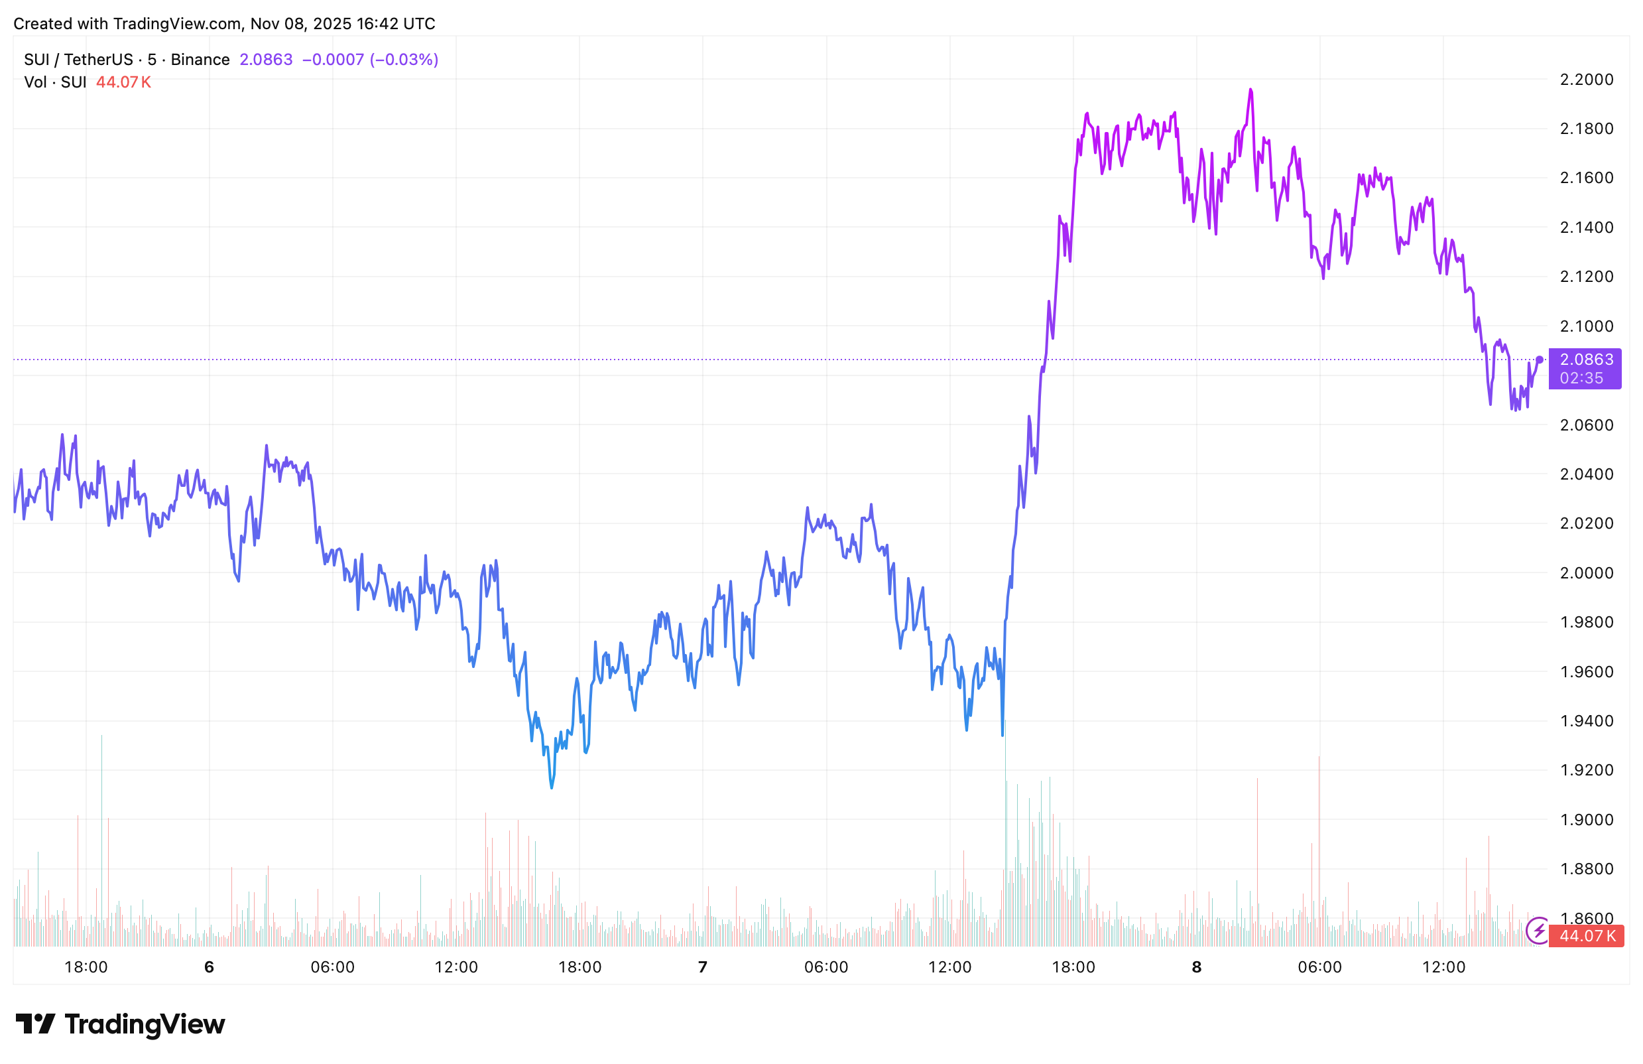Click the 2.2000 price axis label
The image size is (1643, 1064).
pos(1587,80)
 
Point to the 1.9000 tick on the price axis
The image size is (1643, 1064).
pos(1587,820)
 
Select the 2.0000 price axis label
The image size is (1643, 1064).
pos(1587,573)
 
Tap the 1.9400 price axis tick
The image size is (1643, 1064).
pos(1587,721)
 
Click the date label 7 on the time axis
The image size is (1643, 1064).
pos(703,966)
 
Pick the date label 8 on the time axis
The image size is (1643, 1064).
pos(1196,966)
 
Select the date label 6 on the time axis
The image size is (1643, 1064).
pos(209,966)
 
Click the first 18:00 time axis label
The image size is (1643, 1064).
pos(86,966)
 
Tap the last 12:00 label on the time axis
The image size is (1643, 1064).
pos(1443,966)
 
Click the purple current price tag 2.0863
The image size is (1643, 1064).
pos(1587,360)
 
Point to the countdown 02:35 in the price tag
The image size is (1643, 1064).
pos(1581,378)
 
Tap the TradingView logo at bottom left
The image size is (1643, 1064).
pos(120,1024)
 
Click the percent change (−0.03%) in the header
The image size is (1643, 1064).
pos(404,60)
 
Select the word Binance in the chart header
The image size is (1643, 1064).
pos(200,60)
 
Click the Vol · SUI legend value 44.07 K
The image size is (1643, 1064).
pos(123,82)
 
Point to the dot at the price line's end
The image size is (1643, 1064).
pos(1540,360)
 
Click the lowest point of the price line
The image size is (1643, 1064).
pos(552,788)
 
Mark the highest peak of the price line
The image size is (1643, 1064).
pos(1250,89)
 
